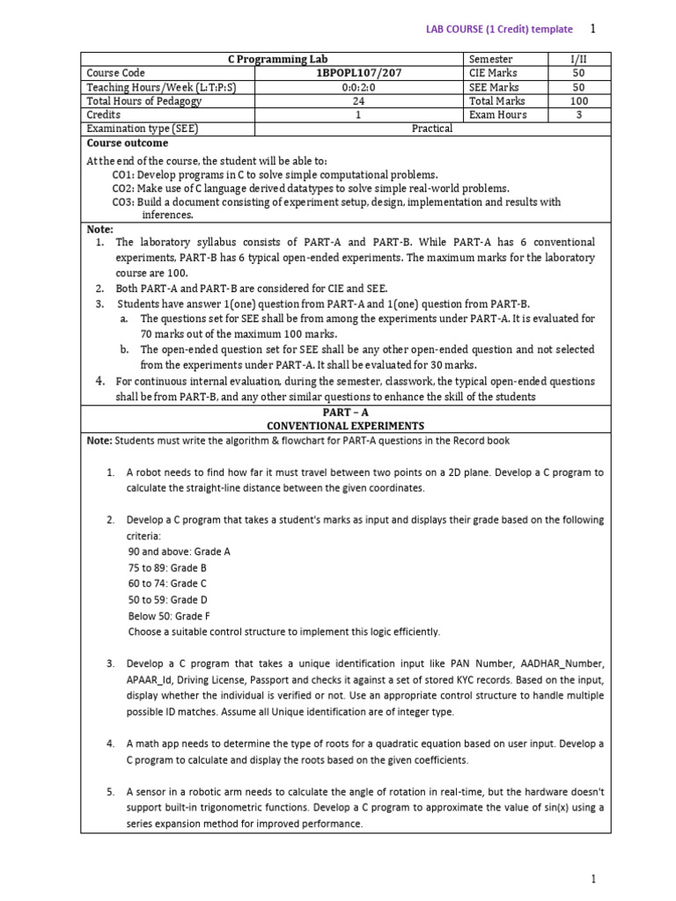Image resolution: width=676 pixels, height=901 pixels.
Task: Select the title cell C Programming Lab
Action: click(x=272, y=59)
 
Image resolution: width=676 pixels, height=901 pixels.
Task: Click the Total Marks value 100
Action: click(x=578, y=101)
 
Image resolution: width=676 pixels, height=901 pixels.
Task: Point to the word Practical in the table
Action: click(x=432, y=128)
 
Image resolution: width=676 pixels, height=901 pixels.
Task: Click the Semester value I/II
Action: click(x=578, y=59)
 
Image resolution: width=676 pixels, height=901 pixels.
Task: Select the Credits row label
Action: click(x=104, y=114)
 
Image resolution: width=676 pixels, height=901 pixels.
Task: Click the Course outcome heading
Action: click(x=127, y=143)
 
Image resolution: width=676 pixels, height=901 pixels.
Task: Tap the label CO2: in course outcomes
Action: click(x=124, y=188)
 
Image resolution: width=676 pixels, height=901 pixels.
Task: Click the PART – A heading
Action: click(x=345, y=412)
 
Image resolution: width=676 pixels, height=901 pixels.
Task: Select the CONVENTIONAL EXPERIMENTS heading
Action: click(x=345, y=426)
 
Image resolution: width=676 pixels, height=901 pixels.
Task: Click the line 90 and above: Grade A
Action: click(x=179, y=552)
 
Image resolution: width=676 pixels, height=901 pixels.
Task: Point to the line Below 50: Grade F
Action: click(x=169, y=616)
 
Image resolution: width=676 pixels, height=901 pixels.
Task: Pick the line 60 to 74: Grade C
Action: click(x=167, y=583)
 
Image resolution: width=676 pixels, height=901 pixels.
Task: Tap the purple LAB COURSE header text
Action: click(x=499, y=30)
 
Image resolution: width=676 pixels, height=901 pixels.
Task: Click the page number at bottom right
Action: click(x=593, y=878)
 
